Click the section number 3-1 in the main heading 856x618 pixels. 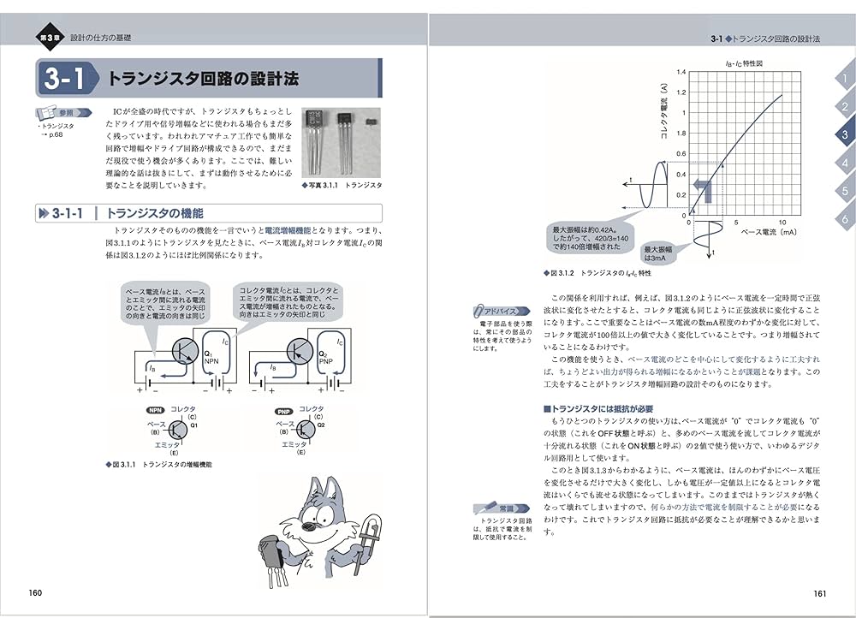pyautogui.click(x=62, y=80)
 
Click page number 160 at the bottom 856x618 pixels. pyautogui.click(x=36, y=592)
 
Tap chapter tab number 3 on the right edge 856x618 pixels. pyautogui.click(x=844, y=134)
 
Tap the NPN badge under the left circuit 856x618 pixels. pyautogui.click(x=157, y=411)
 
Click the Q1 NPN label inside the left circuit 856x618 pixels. pyautogui.click(x=211, y=359)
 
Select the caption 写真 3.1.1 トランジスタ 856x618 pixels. pyautogui.click(x=342, y=185)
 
